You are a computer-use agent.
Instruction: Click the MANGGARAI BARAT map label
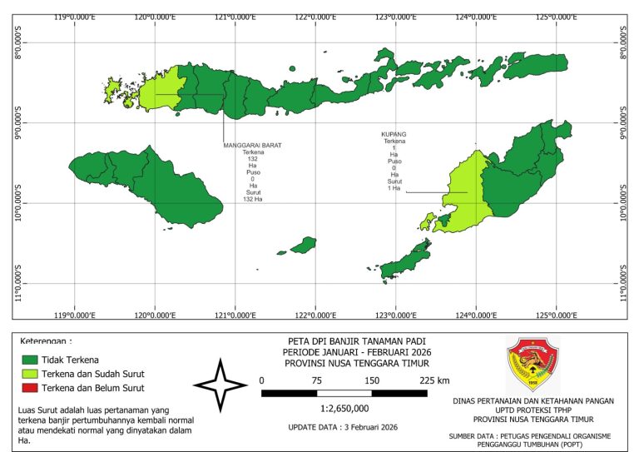(252, 145)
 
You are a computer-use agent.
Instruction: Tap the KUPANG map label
(394, 134)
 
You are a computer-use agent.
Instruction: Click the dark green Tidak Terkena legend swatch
(31, 359)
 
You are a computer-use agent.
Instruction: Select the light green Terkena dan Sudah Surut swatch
(31, 373)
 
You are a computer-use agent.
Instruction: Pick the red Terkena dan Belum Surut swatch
(31, 387)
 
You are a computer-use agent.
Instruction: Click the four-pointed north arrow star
(220, 385)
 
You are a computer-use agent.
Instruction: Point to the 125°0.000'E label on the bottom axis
(557, 315)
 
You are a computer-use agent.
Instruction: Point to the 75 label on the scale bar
(317, 380)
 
